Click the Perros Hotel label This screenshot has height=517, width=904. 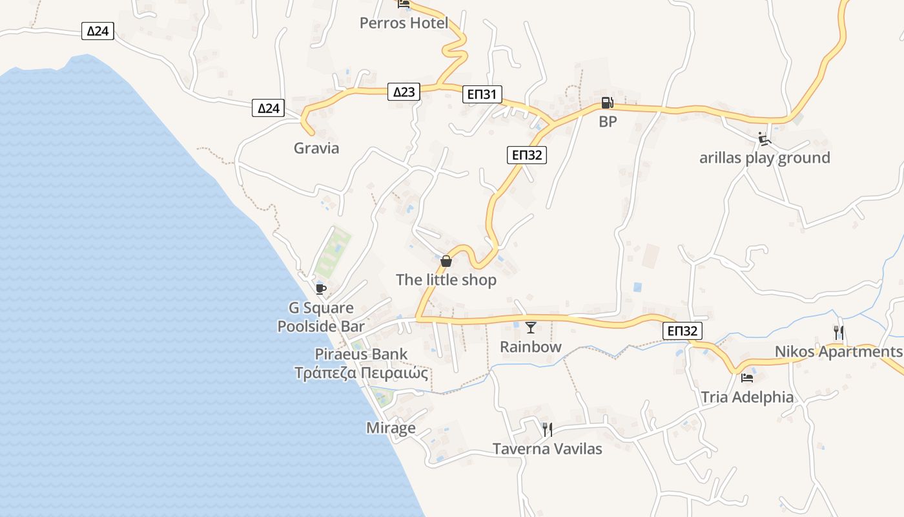click(x=404, y=23)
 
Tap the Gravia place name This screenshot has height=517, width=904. click(x=316, y=148)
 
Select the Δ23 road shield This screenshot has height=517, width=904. click(x=404, y=92)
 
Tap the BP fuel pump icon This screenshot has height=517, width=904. click(x=607, y=103)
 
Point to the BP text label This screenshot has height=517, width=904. click(x=608, y=121)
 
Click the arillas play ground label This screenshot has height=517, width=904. click(x=765, y=158)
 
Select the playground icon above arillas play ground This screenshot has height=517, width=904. click(x=764, y=138)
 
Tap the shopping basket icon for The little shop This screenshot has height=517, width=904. click(x=446, y=261)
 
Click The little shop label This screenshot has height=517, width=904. click(x=446, y=280)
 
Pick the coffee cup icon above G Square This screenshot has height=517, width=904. click(x=320, y=289)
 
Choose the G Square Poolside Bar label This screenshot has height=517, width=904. click(x=321, y=317)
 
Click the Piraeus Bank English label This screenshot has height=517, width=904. click(x=361, y=354)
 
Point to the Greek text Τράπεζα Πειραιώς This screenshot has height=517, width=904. click(x=361, y=373)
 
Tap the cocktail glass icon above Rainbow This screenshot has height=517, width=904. click(x=531, y=328)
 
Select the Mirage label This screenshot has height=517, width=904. click(x=391, y=428)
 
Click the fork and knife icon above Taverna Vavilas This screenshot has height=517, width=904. click(x=547, y=429)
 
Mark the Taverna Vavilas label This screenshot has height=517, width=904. click(x=547, y=448)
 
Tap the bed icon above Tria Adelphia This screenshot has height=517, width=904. click(x=747, y=378)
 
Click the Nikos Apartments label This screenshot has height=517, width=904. click(x=838, y=352)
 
